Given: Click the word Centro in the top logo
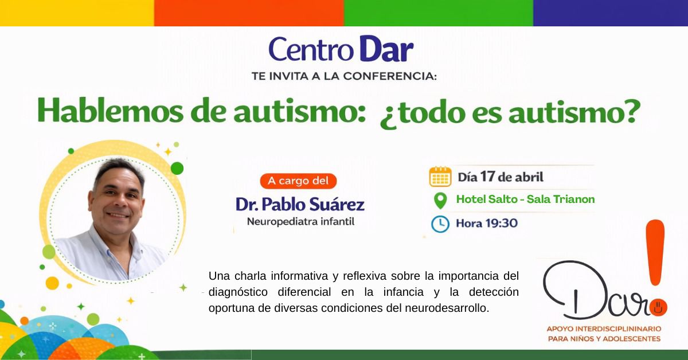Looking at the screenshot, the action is pos(311,50).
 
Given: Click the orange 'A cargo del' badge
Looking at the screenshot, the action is pos(298,181).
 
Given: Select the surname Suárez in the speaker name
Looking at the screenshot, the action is pos(337,204).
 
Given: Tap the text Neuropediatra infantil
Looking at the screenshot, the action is pos(300,221).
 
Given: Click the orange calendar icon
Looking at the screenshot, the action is pos(440,177).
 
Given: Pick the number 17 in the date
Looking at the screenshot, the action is pos(488,177).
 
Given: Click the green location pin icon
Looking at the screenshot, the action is pos(440,201).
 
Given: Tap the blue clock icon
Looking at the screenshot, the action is pos(440,224).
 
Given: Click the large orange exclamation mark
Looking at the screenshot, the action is pos(655,252).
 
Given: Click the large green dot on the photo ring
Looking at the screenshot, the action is pos(177,169).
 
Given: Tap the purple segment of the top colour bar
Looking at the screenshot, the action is pos(611,13).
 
